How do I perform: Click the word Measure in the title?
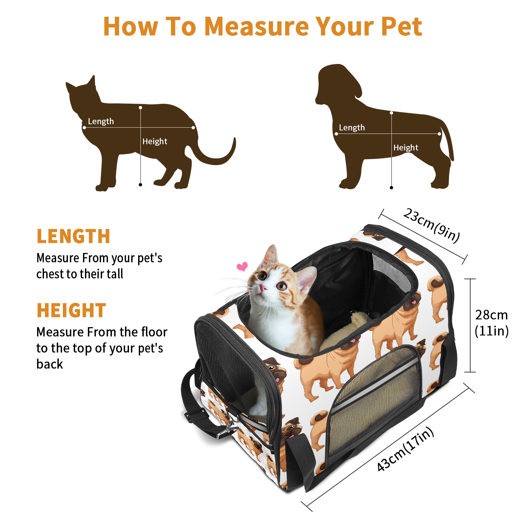(x=257, y=26)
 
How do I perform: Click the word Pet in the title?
(x=402, y=26)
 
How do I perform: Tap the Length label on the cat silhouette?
(x=101, y=121)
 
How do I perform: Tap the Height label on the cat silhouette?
(x=155, y=141)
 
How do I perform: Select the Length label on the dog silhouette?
(x=352, y=128)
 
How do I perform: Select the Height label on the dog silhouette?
(x=406, y=148)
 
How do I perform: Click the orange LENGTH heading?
(x=73, y=236)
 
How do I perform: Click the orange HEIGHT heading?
(x=71, y=310)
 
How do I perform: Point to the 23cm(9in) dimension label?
(x=431, y=225)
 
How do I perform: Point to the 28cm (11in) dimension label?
(x=492, y=323)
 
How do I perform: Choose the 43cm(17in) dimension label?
(x=406, y=449)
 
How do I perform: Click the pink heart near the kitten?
(x=242, y=266)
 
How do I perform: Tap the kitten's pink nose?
(x=263, y=288)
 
